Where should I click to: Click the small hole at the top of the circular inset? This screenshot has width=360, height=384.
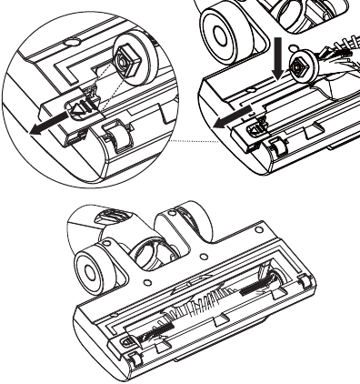click(69, 42)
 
